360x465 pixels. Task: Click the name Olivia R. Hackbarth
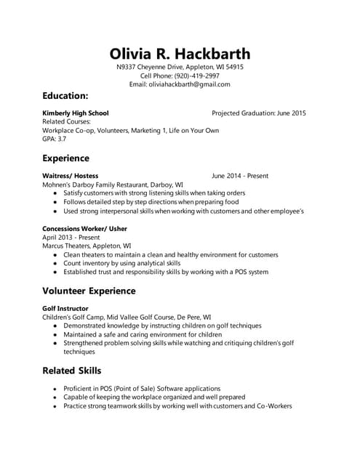pos(180,54)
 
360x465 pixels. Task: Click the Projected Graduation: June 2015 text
pos(258,113)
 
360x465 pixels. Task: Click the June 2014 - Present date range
pos(240,176)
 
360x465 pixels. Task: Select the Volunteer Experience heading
pos(89,291)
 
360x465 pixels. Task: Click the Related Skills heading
pos(71,371)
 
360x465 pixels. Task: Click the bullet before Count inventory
pos(55,264)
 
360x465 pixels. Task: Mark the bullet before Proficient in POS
pos(55,389)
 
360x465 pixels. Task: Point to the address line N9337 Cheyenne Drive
pos(180,67)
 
